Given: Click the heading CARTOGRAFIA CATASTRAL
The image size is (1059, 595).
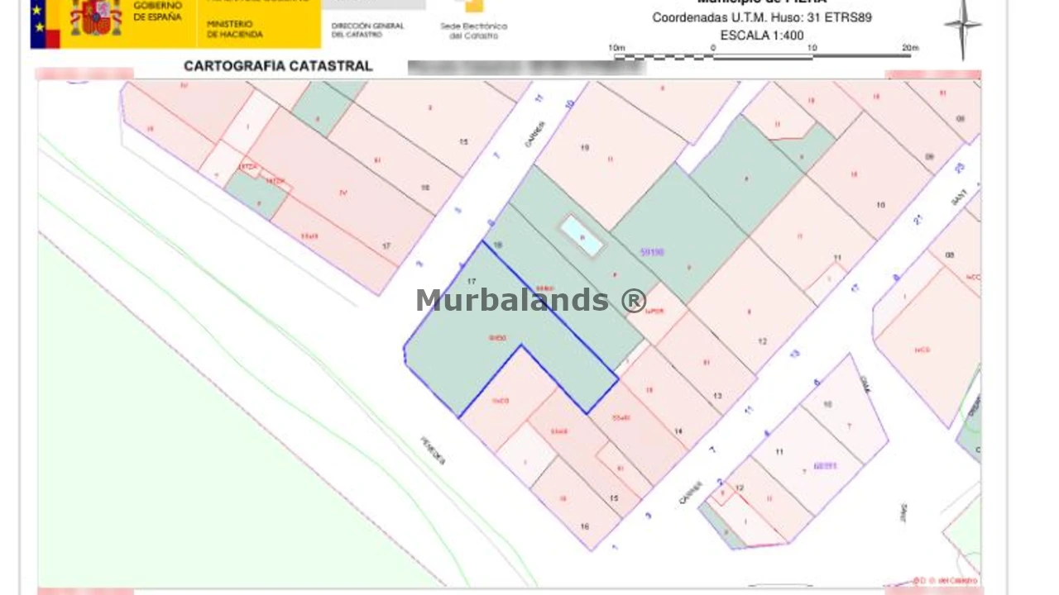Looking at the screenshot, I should [278, 66].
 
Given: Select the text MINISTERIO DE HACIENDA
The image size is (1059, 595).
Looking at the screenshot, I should [235, 30].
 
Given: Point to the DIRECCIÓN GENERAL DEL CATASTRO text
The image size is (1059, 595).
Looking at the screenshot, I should [367, 30].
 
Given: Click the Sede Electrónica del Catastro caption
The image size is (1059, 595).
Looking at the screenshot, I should [473, 31].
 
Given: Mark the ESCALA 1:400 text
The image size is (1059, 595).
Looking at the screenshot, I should [762, 36].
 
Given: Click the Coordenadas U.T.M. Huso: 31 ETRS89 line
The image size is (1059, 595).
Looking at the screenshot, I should [762, 17].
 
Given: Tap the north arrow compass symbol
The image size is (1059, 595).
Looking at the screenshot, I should [962, 27].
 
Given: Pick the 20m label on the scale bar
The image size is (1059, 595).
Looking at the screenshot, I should [910, 48].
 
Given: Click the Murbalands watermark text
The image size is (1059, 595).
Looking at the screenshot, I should [530, 300].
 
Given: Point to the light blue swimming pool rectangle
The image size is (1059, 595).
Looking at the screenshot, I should [582, 236].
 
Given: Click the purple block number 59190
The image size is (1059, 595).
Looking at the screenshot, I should [652, 252].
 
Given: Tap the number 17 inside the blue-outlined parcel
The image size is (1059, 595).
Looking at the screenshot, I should [472, 282].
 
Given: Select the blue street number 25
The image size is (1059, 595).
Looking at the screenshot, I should [960, 168].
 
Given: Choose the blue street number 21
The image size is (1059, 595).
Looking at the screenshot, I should [918, 220].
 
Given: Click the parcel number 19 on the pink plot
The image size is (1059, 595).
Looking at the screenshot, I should [584, 148].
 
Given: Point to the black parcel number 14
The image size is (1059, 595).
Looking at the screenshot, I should [678, 431].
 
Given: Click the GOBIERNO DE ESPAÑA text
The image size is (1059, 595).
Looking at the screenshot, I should [157, 11].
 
